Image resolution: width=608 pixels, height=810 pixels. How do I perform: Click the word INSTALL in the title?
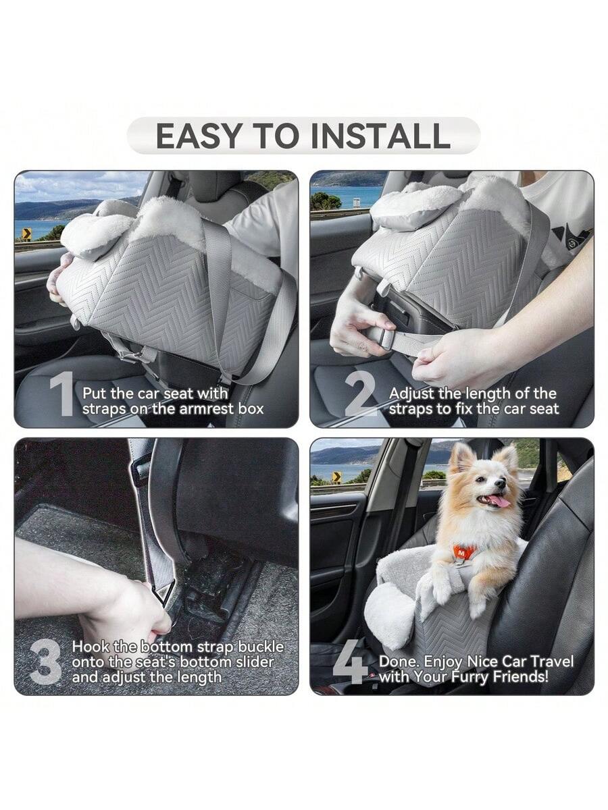coord(380,136)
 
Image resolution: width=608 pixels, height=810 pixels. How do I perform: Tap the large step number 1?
coord(62,394)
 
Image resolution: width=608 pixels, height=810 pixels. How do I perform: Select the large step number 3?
coord(45,663)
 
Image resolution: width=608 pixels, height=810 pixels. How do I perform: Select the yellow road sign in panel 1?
coord(26,234)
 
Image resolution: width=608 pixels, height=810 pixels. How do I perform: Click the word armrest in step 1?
coord(209,409)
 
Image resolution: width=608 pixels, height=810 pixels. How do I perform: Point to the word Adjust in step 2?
coord(411,394)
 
